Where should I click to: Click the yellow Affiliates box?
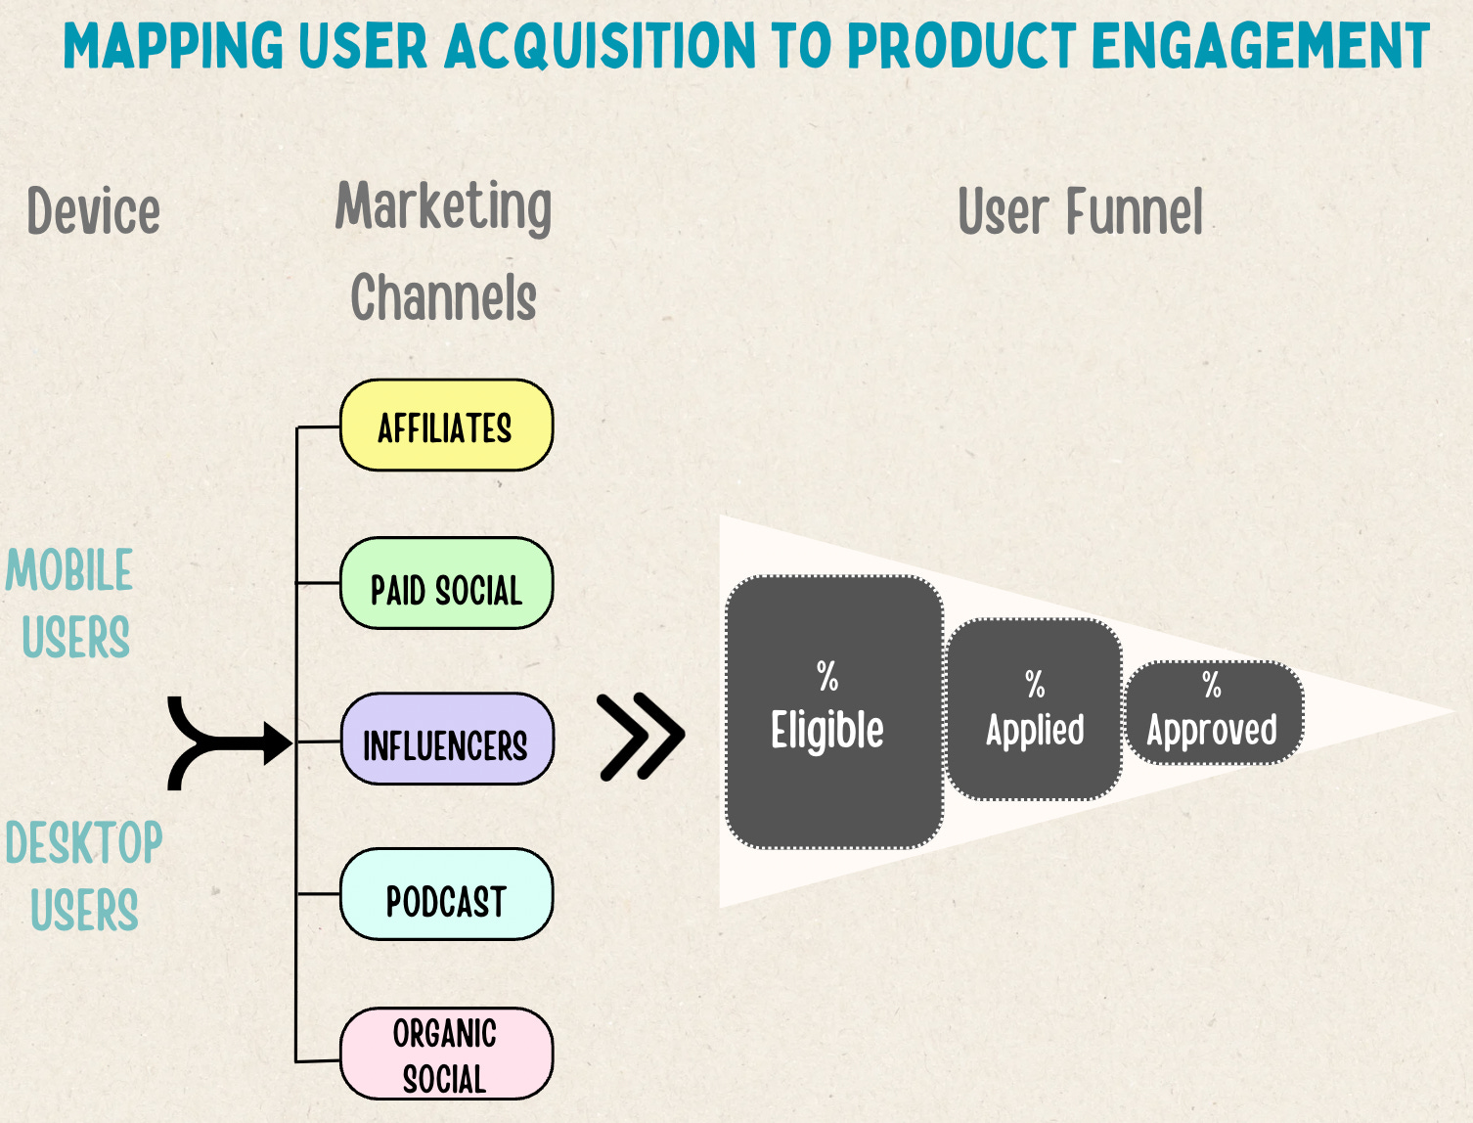(446, 427)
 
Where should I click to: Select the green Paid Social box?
(446, 584)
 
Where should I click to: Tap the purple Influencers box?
(446, 741)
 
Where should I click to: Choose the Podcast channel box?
(446, 896)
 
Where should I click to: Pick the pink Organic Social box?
(446, 1055)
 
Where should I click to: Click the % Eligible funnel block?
(833, 712)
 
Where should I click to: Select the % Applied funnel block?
(1034, 710)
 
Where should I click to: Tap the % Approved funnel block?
(1213, 712)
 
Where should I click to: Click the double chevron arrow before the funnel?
(641, 737)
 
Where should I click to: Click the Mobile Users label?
(70, 603)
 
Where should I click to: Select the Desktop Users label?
(84, 876)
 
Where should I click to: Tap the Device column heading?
(93, 211)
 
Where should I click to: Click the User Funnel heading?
(1080, 211)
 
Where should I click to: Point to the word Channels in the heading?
(443, 297)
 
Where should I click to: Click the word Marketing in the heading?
(443, 206)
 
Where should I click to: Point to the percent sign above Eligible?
(827, 676)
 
